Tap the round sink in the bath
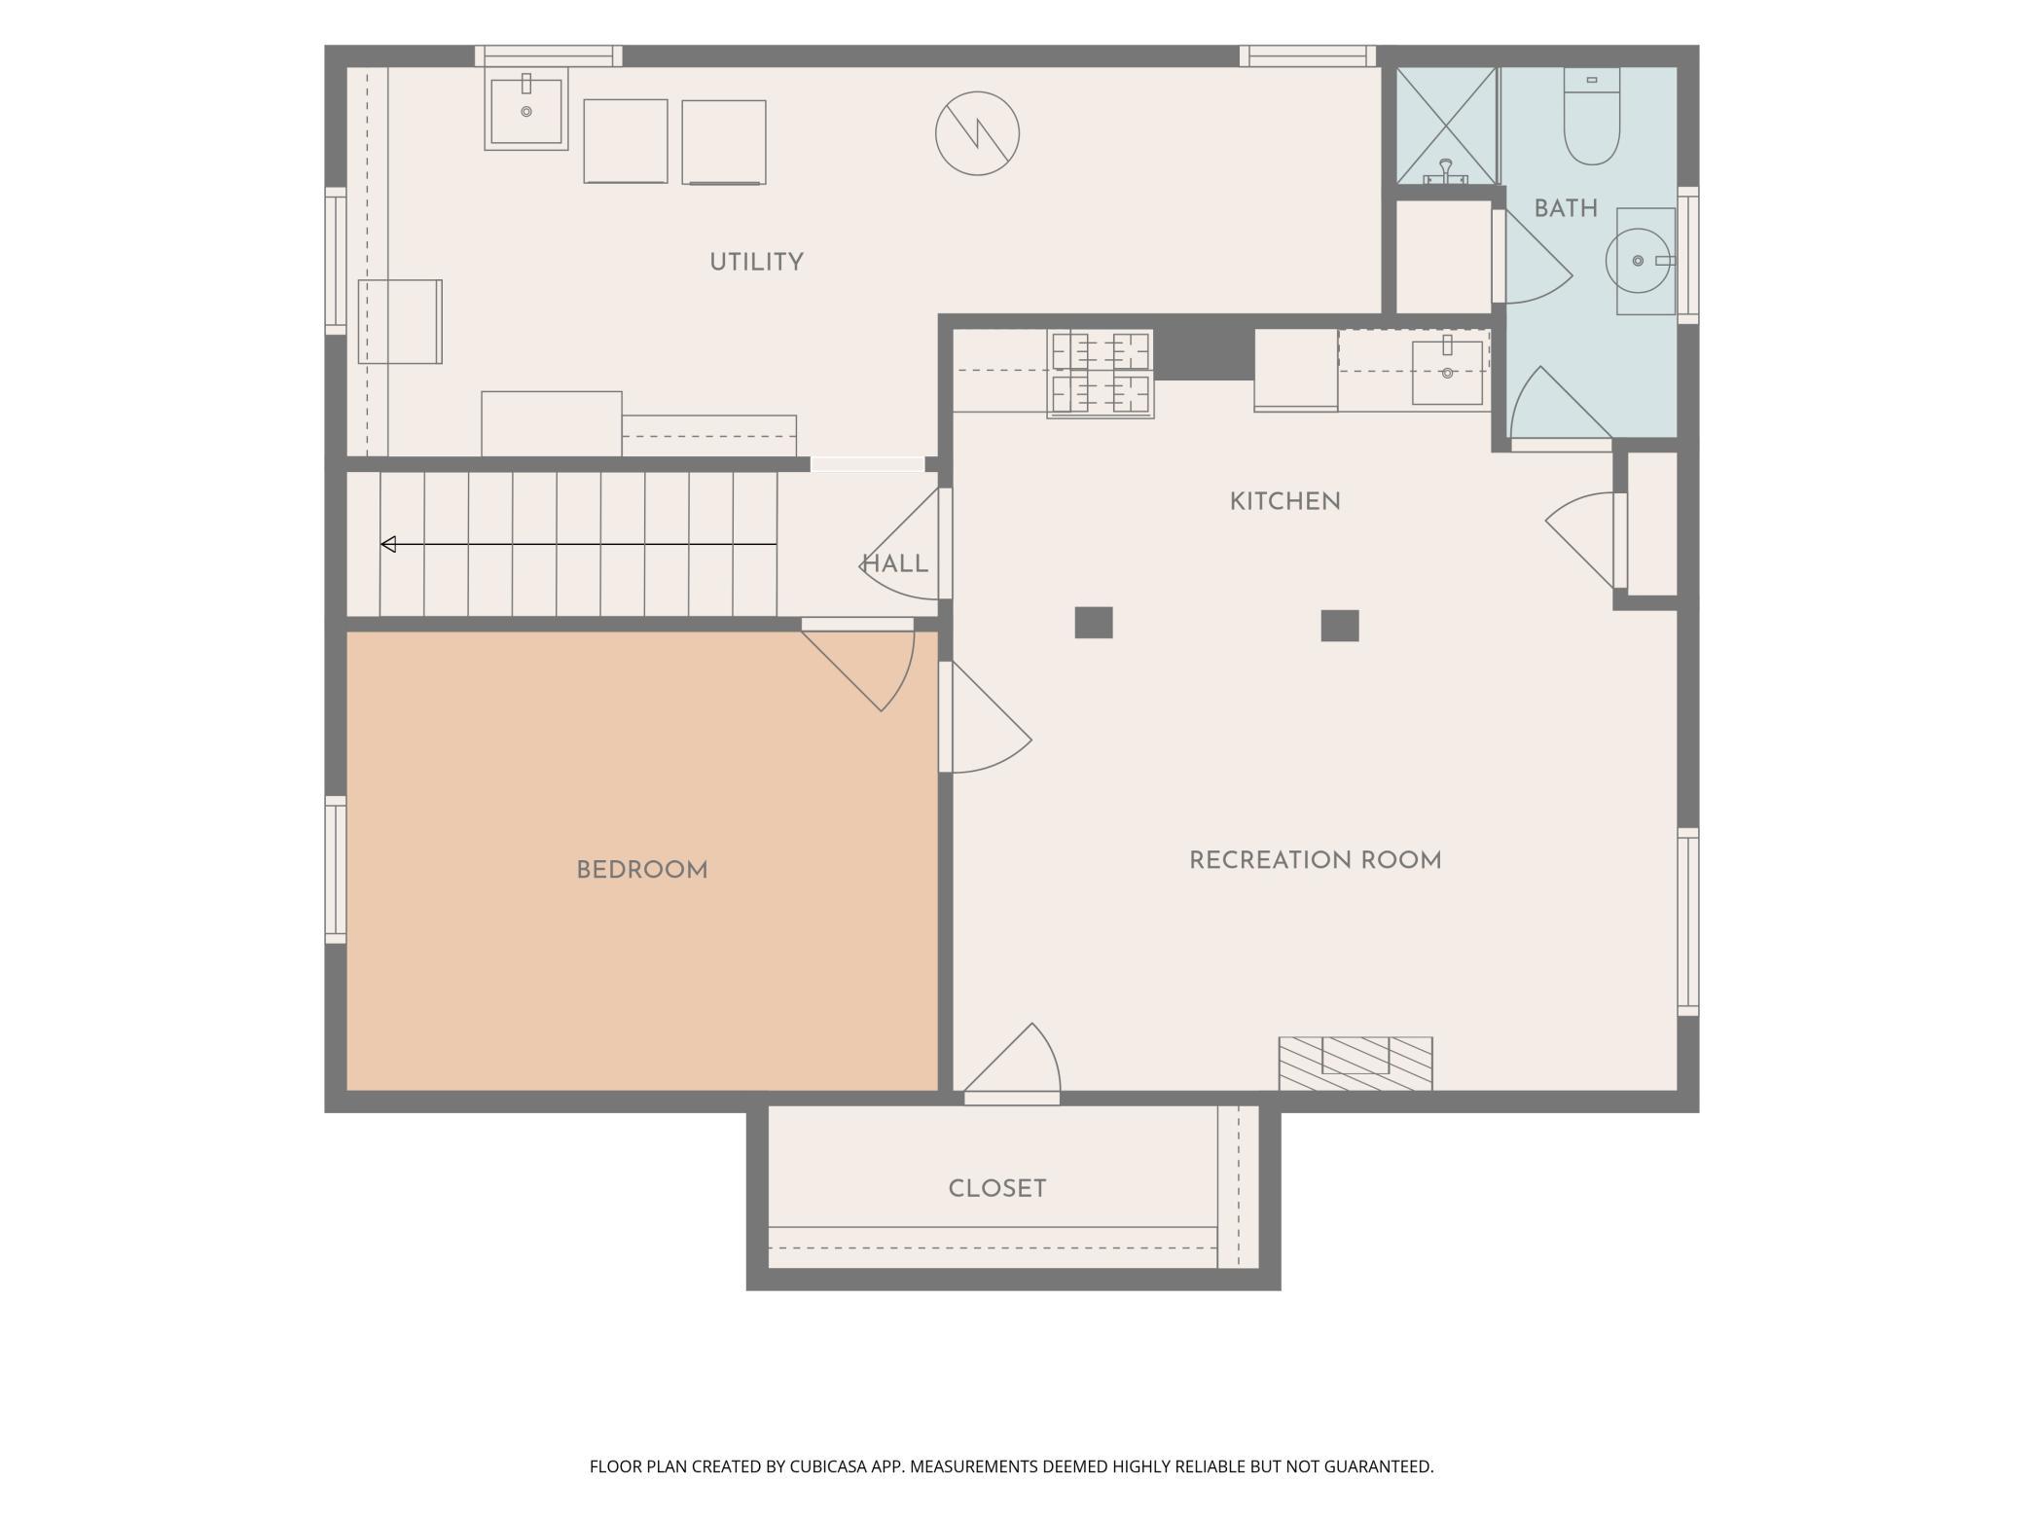coord(1639,261)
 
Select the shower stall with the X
coord(1446,126)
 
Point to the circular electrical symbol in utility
coord(977,133)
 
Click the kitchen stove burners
coord(1101,375)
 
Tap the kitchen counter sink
coord(1447,371)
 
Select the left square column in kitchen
coord(1093,623)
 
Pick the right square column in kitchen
coord(1339,626)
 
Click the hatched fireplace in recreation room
coord(1355,1064)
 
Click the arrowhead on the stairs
coord(388,544)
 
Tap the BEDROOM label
coord(642,870)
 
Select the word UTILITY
coord(756,262)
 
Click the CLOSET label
coord(997,1188)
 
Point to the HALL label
coord(895,563)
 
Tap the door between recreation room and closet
coord(1012,1066)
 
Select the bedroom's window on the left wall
coord(336,870)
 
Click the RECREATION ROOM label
coord(1316,860)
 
